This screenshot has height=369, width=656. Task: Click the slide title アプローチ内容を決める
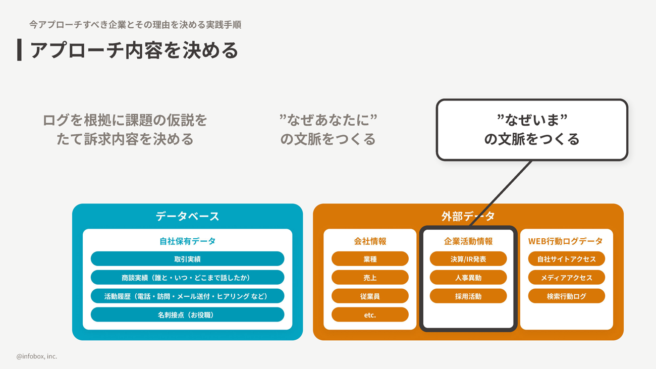134,50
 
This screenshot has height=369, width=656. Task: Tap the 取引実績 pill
187,259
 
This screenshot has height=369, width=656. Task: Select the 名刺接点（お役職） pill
187,314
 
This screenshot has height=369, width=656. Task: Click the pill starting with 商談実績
187,278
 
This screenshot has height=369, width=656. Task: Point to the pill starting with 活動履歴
187,296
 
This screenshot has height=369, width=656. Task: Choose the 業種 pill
370,259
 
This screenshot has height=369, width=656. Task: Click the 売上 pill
370,278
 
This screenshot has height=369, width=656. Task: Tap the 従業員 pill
370,296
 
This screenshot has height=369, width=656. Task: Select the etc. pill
370,314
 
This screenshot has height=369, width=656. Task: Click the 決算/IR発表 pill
468,259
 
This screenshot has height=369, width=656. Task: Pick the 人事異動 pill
468,278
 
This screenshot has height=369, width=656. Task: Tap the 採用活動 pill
468,296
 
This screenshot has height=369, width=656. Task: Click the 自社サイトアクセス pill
566,259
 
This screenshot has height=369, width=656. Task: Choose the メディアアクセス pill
566,278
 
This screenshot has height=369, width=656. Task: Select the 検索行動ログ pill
566,296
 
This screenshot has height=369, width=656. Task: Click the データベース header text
187,216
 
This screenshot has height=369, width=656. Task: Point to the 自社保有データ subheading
187,241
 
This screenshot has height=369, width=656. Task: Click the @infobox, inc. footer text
37,356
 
